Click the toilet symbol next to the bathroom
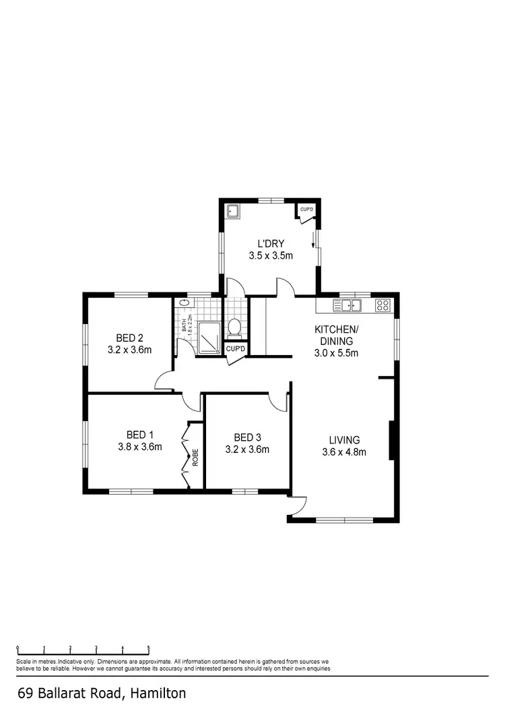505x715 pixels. point(235,328)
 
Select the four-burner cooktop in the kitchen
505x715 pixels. point(382,305)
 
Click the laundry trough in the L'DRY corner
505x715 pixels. point(233,211)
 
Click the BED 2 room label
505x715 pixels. point(130,338)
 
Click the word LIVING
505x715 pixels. point(343,439)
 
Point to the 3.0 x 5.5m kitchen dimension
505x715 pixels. point(337,352)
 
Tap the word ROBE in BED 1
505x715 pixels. point(195,458)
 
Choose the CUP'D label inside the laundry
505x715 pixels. point(307,210)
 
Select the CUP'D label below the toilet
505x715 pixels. point(236,349)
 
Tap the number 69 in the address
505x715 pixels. point(26,693)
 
